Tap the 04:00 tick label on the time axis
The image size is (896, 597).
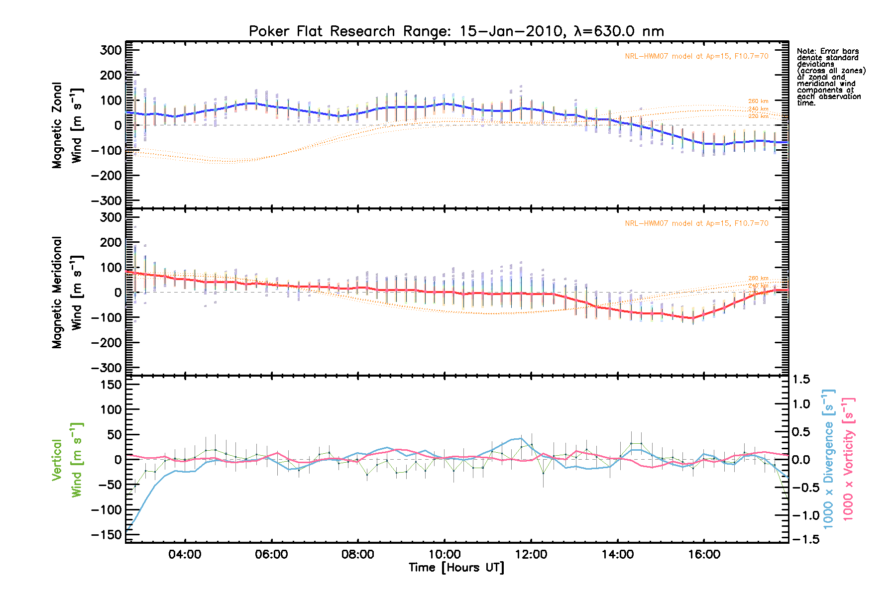click(x=185, y=555)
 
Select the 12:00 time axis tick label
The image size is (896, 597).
click(x=531, y=555)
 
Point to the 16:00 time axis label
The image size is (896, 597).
click(x=704, y=555)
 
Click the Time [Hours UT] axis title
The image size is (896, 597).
click(x=456, y=568)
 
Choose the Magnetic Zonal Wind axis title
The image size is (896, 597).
click(x=67, y=125)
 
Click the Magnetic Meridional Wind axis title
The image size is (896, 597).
click(x=67, y=293)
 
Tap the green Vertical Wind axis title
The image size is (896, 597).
click(x=67, y=460)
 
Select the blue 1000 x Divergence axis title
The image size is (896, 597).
click(x=828, y=459)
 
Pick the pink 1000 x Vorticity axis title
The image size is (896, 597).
click(x=848, y=459)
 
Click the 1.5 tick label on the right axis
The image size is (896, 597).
click(x=801, y=380)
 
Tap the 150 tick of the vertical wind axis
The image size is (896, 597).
click(x=107, y=385)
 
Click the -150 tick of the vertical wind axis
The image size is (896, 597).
click(x=106, y=535)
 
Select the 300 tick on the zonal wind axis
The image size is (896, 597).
click(x=111, y=50)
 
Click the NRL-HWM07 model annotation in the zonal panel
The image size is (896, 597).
click(x=696, y=56)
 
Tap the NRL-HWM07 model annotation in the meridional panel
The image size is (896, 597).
click(x=696, y=223)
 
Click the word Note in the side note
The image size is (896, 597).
click(x=805, y=51)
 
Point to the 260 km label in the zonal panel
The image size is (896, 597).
click(x=758, y=101)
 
